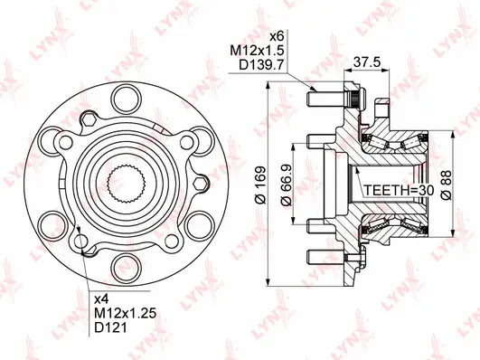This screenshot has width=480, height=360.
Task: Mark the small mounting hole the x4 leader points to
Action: click(83, 242)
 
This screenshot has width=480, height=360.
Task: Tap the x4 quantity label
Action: click(102, 298)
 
